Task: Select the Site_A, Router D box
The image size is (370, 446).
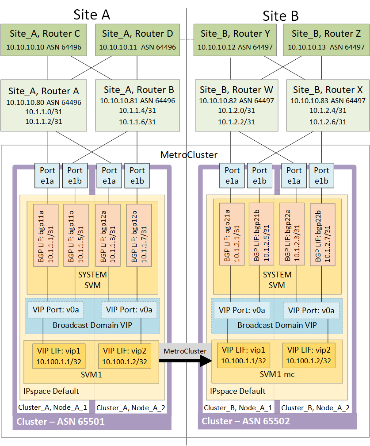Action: pos(137,40)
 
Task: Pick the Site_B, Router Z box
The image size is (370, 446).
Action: pos(326,40)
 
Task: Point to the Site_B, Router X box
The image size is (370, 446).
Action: pos(326,105)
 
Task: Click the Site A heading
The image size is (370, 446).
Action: pos(92,15)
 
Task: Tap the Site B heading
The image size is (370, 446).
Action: pos(281,16)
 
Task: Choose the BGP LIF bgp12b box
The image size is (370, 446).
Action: pos(137,235)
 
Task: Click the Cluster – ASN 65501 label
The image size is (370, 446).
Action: pos(61,422)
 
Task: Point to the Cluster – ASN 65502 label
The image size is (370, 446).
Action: pos(246,422)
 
